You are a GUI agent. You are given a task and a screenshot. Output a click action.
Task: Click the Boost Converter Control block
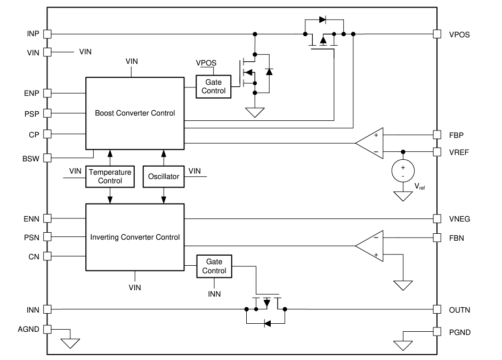[x=135, y=113]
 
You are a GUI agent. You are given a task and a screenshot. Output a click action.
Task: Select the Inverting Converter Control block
[x=135, y=237]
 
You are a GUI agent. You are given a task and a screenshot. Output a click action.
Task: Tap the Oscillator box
[x=163, y=176]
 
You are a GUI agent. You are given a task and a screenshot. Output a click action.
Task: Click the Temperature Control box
[x=110, y=176]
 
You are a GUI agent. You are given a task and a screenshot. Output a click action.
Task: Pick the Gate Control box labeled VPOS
[x=213, y=86]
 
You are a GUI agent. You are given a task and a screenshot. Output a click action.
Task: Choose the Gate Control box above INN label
[x=213, y=266]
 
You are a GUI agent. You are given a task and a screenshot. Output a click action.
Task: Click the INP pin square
[x=47, y=34]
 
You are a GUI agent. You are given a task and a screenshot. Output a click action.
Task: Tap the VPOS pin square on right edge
[x=437, y=34]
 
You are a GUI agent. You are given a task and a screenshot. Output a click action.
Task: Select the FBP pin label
[x=456, y=135]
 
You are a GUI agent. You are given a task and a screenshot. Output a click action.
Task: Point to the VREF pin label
[x=458, y=152]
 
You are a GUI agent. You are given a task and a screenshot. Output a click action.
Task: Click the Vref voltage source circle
[x=403, y=171]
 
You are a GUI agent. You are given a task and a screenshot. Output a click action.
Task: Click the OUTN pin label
[x=459, y=310]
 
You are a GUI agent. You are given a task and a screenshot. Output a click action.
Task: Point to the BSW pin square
[x=47, y=158]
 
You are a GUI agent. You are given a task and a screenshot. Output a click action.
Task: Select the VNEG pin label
[x=459, y=218]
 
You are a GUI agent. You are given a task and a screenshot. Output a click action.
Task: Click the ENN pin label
[x=31, y=218]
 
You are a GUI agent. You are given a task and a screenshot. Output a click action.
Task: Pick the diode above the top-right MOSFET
[x=322, y=20]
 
